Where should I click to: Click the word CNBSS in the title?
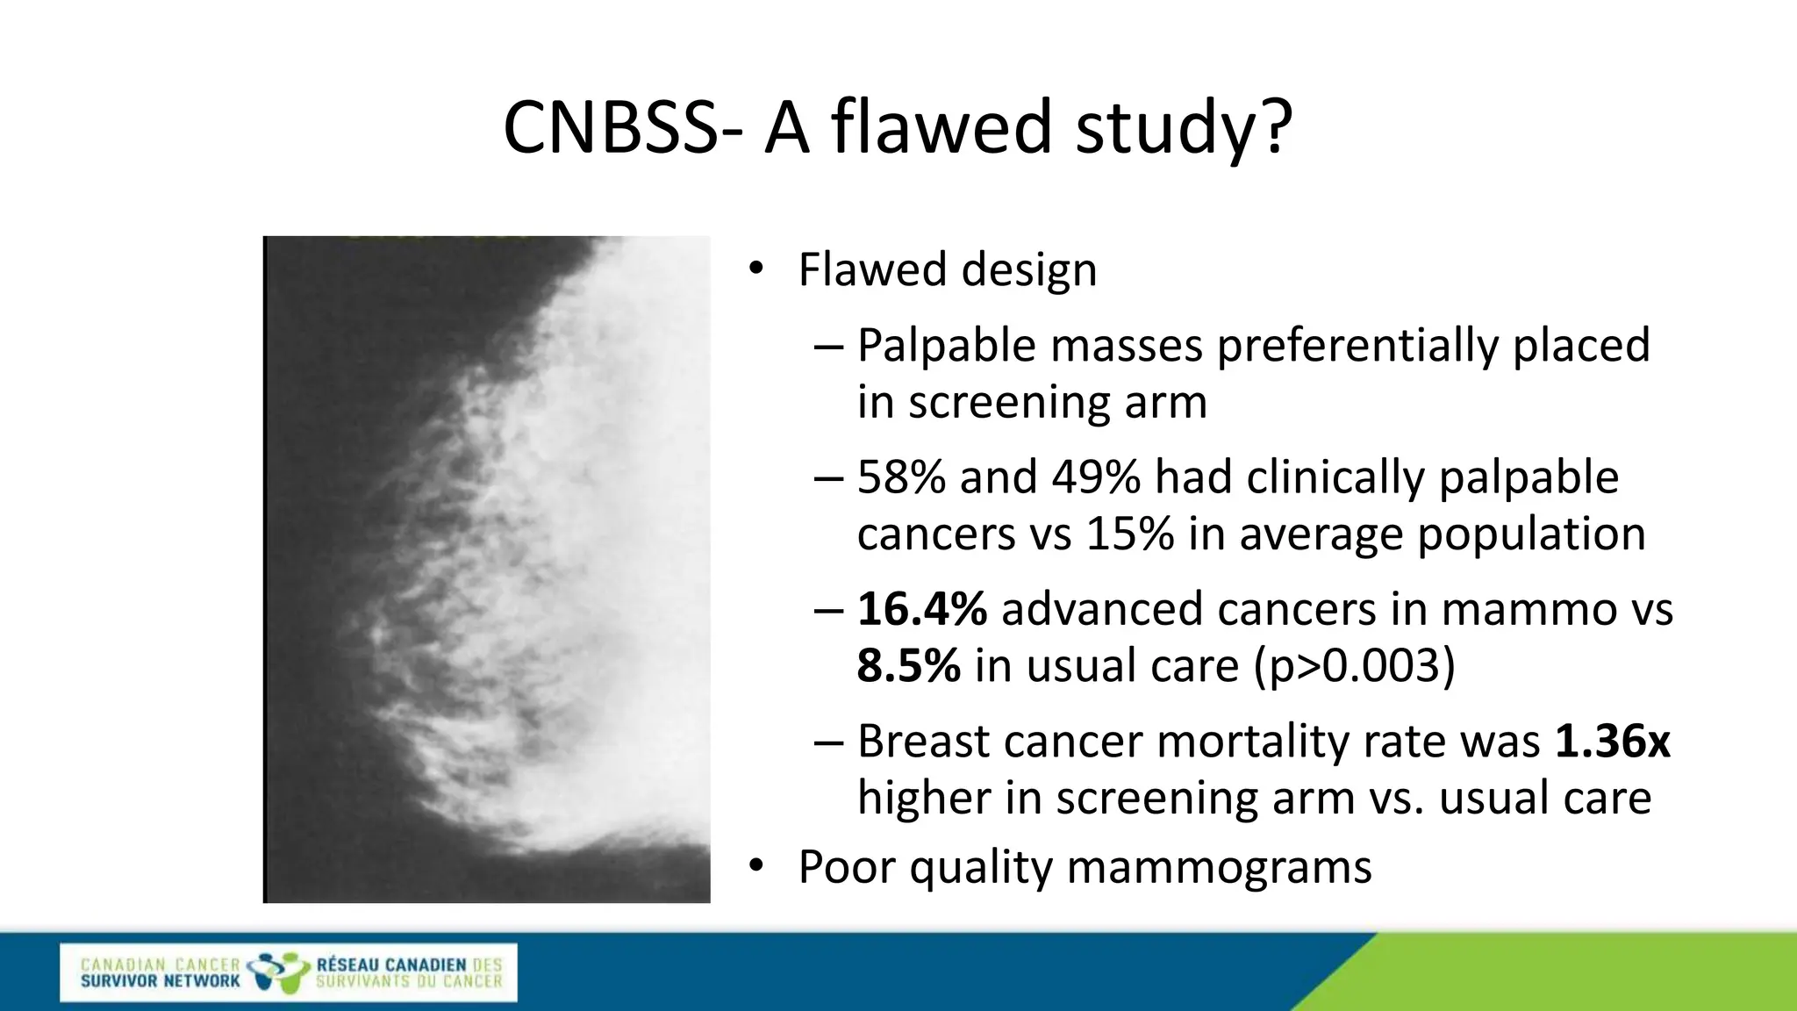[611, 128]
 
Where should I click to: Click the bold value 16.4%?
[921, 609]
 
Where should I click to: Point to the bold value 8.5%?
[908, 666]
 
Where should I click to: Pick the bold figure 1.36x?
[1612, 742]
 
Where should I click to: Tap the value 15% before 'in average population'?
[1129, 534]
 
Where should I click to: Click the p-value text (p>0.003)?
[1355, 666]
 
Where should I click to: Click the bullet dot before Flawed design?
[756, 269]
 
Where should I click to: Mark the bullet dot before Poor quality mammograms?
[756, 867]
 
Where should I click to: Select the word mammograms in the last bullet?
[1219, 867]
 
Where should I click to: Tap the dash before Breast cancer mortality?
[828, 742]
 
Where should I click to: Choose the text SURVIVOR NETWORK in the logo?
[160, 981]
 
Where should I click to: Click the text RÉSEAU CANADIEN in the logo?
[390, 964]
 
